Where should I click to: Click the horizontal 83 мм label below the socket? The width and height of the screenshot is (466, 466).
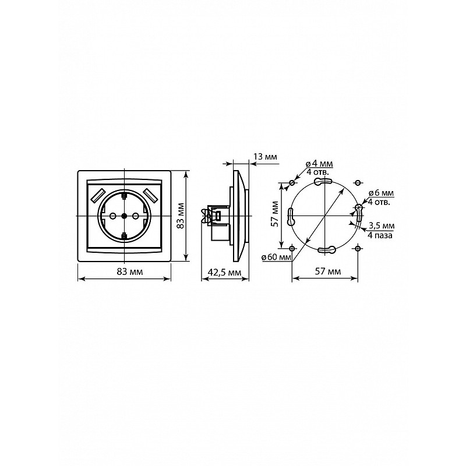129,271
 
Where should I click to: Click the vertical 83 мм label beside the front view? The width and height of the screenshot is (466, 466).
180,216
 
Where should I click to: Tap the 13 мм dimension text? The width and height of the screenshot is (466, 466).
265,157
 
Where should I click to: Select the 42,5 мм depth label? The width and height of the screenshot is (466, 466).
225,272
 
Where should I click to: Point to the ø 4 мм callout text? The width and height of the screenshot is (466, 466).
319,164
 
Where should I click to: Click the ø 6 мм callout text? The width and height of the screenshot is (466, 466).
381,193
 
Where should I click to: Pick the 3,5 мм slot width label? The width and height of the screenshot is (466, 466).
382,226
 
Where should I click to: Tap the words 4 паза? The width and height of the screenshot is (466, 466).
380,235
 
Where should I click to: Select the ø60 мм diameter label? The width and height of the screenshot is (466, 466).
276,257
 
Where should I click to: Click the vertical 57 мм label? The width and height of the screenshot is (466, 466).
276,214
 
